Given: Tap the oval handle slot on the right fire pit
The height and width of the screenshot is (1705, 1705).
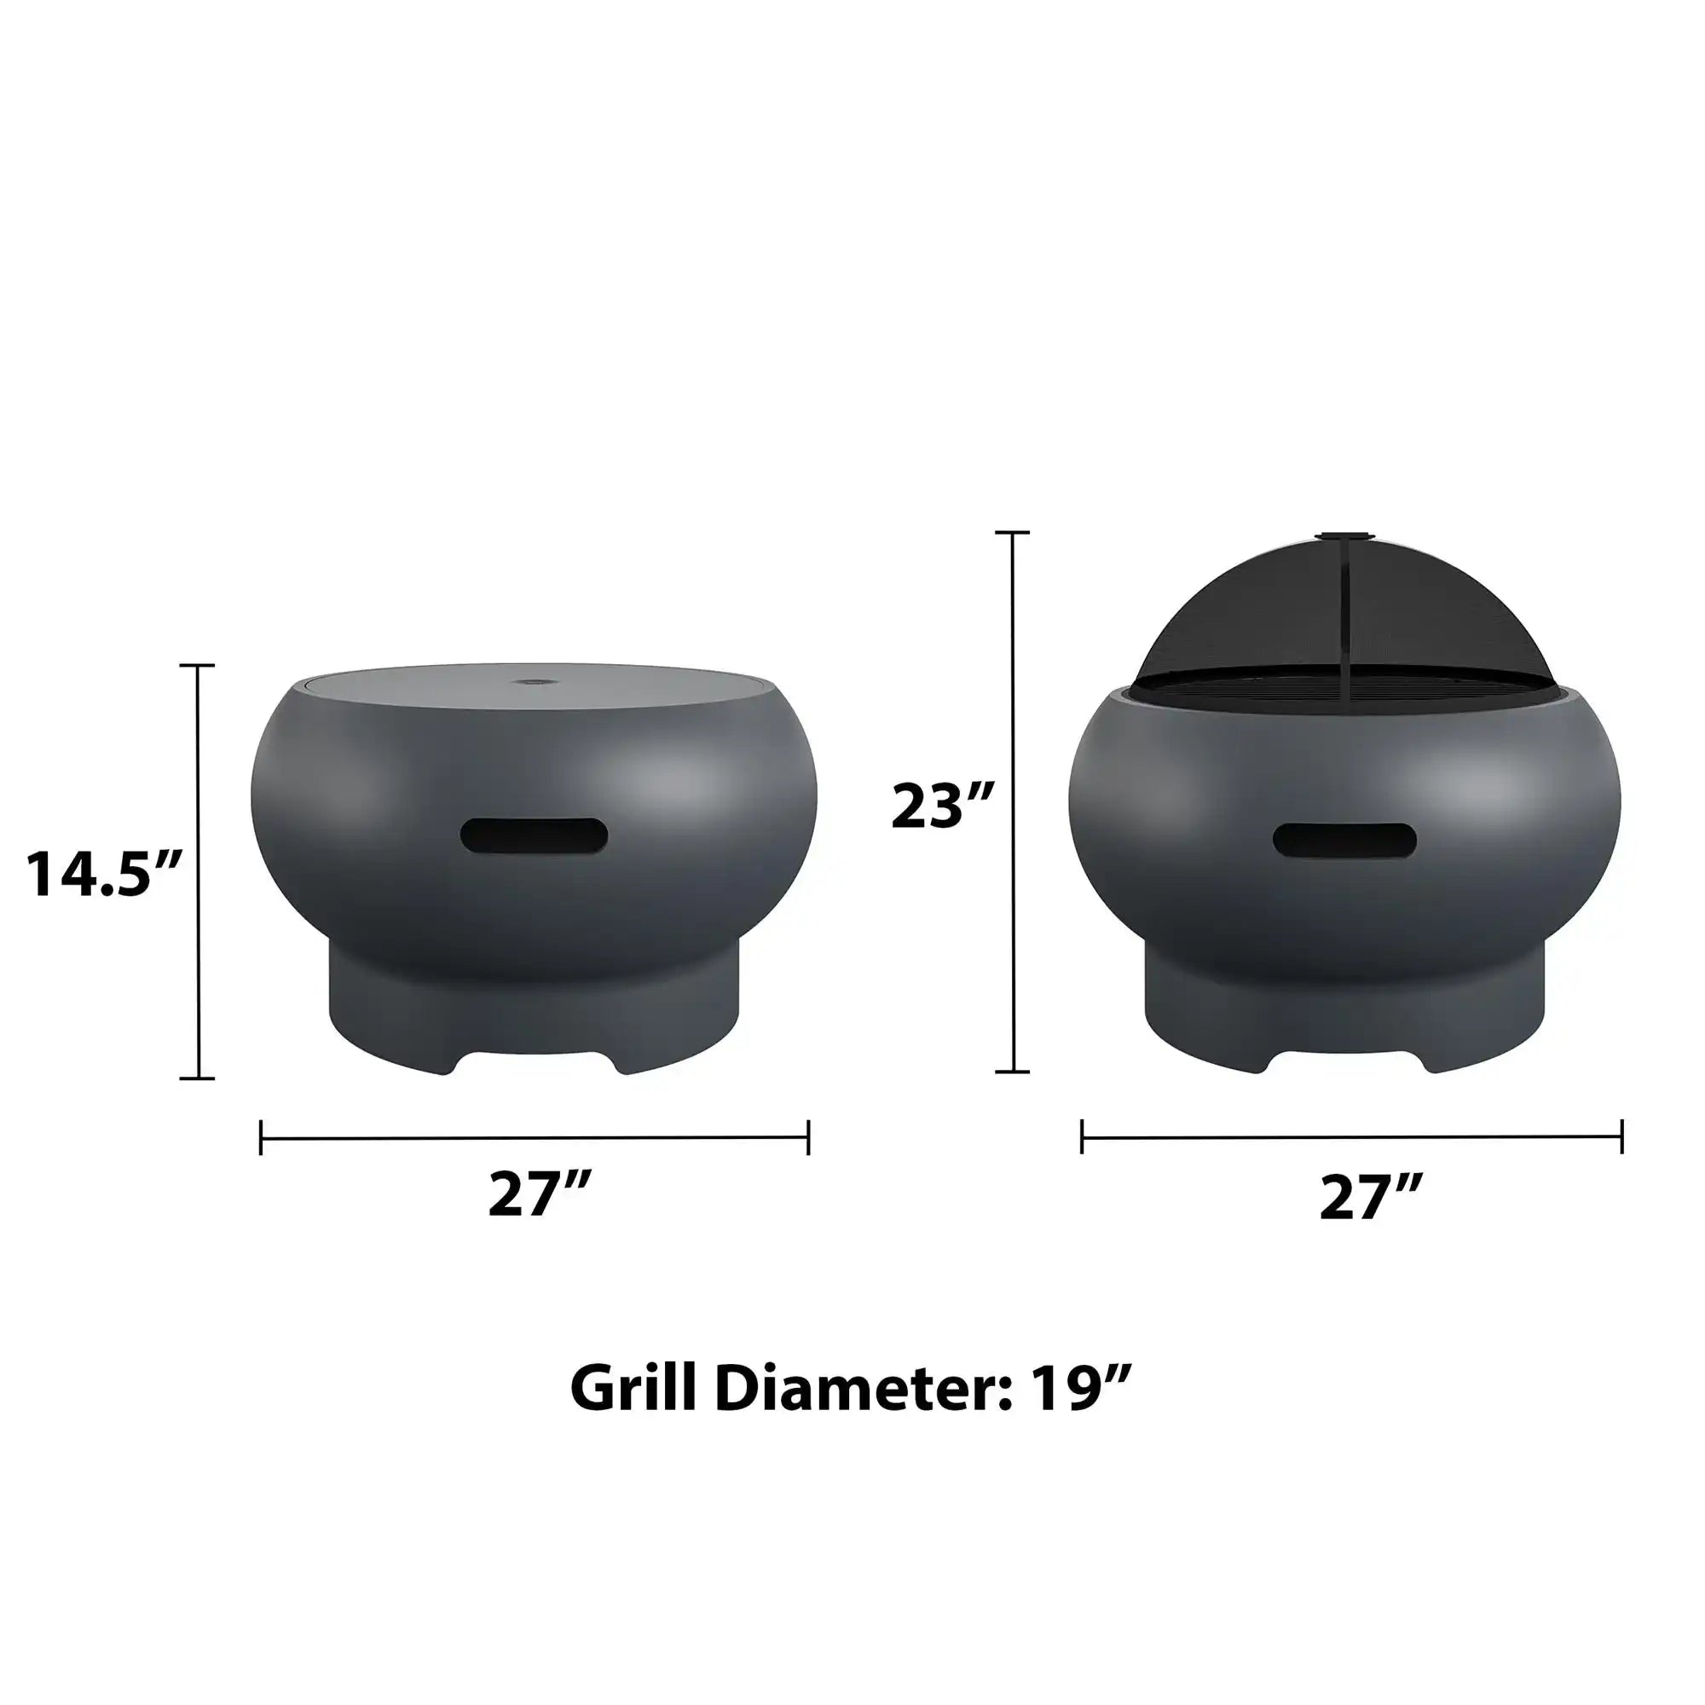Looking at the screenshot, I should (1344, 839).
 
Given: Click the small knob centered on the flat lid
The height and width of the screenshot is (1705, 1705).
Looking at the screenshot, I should (533, 682).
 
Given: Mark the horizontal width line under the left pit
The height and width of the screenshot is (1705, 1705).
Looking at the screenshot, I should (535, 1138).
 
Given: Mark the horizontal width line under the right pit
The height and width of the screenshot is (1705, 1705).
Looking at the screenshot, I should (1351, 1137).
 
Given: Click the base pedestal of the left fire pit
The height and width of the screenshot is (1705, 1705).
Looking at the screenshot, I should (534, 1014).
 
